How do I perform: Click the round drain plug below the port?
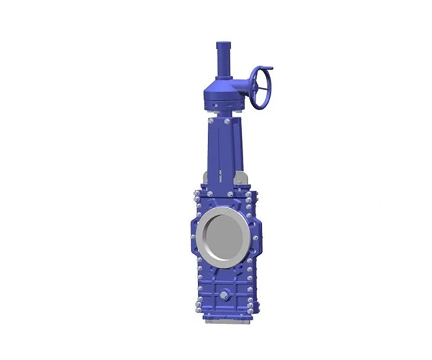[x=224, y=295]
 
